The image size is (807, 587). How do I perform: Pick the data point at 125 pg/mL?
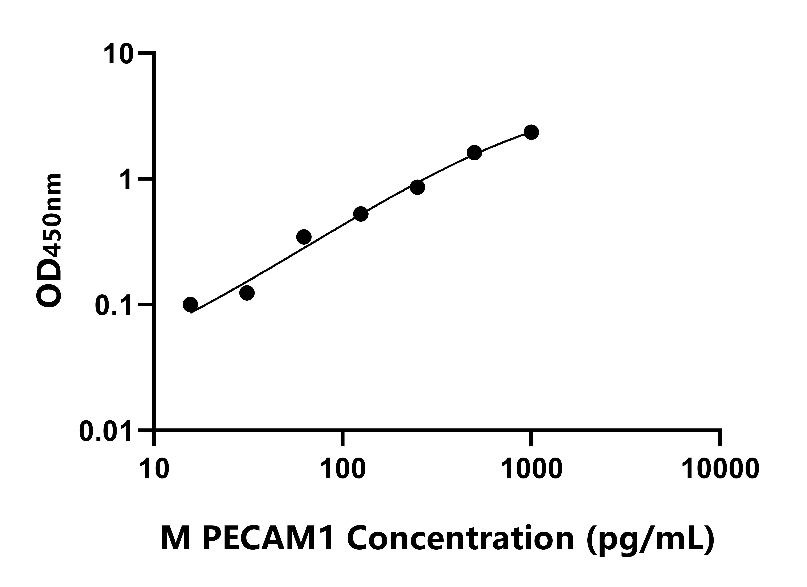[x=361, y=214]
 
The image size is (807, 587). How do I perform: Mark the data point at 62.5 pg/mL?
[x=304, y=237]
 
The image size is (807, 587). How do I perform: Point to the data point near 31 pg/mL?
[x=247, y=293]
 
